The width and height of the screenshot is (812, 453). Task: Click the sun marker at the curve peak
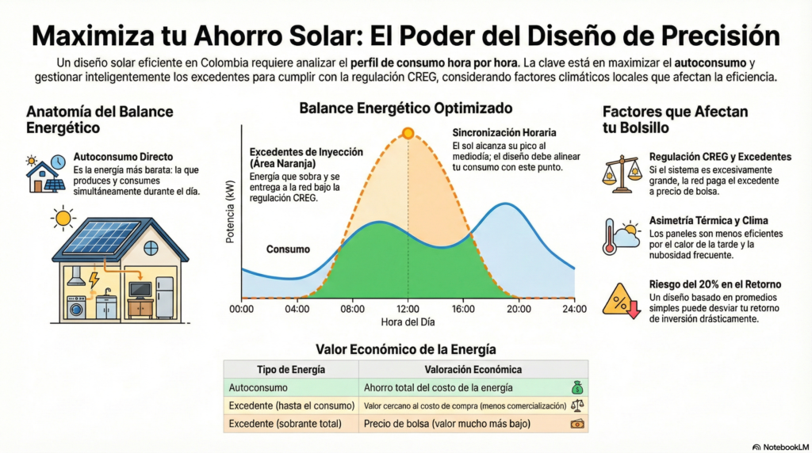(x=408, y=133)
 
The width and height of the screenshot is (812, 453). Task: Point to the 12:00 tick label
(x=408, y=309)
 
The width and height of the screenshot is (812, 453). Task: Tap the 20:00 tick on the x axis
(x=519, y=309)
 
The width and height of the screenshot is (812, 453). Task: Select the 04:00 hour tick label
(x=297, y=309)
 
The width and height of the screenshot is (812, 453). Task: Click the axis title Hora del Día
(x=408, y=322)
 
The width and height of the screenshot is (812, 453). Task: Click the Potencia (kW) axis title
(x=231, y=211)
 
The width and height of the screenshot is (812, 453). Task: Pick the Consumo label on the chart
(x=288, y=249)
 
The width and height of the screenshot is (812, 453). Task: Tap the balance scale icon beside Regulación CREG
(x=622, y=174)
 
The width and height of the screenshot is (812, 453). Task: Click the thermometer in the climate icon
(x=610, y=237)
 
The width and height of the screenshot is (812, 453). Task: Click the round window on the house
(x=151, y=248)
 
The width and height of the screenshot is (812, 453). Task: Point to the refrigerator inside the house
(x=165, y=297)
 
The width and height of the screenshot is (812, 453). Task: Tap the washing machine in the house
(x=77, y=306)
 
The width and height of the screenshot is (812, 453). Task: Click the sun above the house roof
(x=63, y=218)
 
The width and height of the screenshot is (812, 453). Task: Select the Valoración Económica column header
(x=473, y=370)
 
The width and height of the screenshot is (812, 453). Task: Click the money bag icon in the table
(x=577, y=387)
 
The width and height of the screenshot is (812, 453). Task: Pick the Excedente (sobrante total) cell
(x=285, y=424)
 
